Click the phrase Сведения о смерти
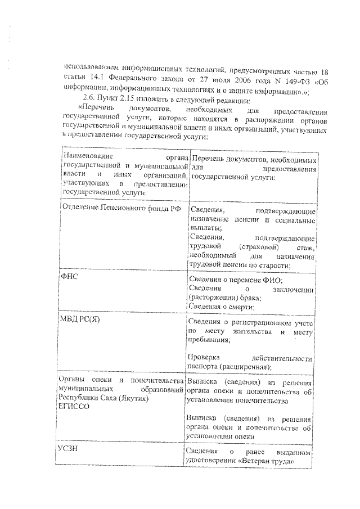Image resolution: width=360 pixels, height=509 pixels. [x=222, y=307]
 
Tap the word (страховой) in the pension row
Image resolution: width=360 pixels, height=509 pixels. [x=259, y=247]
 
